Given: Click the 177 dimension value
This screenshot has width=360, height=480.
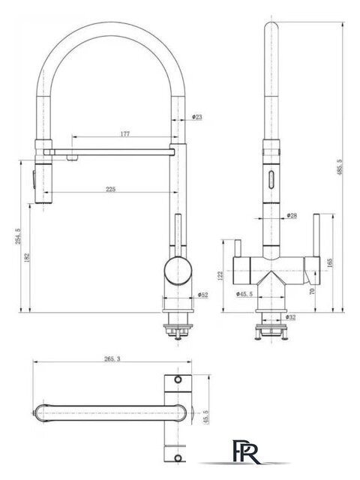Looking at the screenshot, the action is [125, 133].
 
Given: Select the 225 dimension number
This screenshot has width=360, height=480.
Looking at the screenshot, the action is [111, 189].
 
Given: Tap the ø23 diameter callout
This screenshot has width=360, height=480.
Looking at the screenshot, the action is [197, 117].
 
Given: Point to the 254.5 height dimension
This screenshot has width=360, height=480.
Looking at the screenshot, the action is [18, 236].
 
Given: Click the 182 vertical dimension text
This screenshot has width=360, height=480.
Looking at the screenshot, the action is [27, 257].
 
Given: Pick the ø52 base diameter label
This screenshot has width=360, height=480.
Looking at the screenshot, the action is [202, 295].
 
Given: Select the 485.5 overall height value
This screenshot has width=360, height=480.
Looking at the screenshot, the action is [340, 167].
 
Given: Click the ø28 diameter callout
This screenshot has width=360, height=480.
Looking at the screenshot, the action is [292, 215].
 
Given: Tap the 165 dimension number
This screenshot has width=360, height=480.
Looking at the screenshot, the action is [329, 263].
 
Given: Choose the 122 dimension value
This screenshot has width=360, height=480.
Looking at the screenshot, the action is [220, 275].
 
